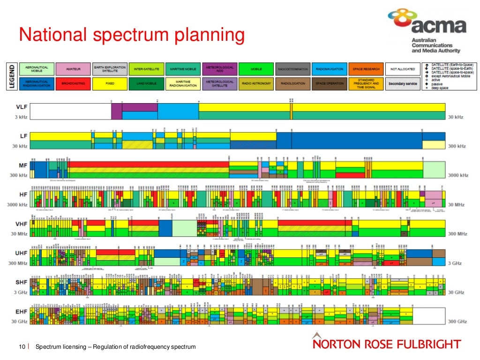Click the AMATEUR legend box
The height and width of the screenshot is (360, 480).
tap(73, 69)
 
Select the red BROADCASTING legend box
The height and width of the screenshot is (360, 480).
tap(73, 84)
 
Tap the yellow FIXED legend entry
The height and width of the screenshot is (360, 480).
tap(110, 84)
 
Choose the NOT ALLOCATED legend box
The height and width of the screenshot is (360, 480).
tap(402, 69)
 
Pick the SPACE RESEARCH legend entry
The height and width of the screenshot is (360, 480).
tap(366, 69)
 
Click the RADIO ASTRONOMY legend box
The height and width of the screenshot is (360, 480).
tap(256, 84)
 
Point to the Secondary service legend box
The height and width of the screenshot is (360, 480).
tap(402, 84)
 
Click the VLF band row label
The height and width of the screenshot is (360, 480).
tap(22, 107)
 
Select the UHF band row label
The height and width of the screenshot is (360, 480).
tap(22, 253)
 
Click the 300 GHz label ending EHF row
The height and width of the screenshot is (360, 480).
tap(457, 322)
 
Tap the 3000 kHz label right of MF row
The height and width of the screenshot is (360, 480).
tap(457, 175)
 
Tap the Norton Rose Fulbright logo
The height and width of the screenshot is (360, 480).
tap(386, 344)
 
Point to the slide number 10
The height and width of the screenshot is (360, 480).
tap(22, 347)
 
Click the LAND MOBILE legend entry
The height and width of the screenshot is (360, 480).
tap(146, 84)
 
